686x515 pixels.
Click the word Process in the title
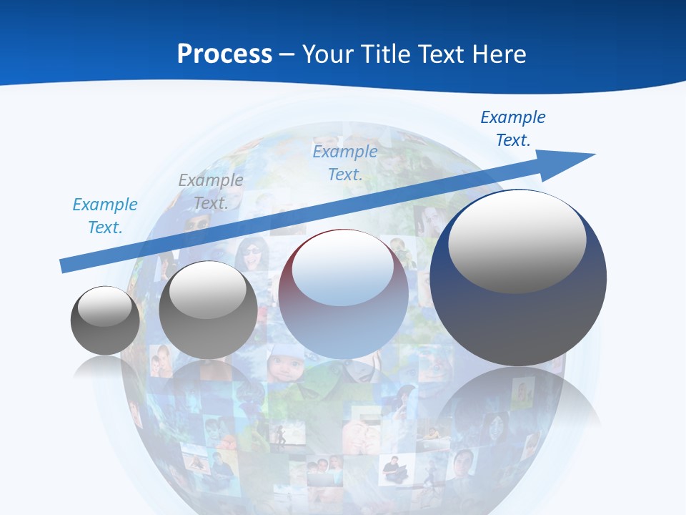point(224,54)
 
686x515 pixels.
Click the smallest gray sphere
point(105,320)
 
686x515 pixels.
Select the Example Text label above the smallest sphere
point(105,216)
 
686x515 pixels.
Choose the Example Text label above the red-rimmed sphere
point(345,163)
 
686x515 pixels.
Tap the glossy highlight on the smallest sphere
point(105,306)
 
